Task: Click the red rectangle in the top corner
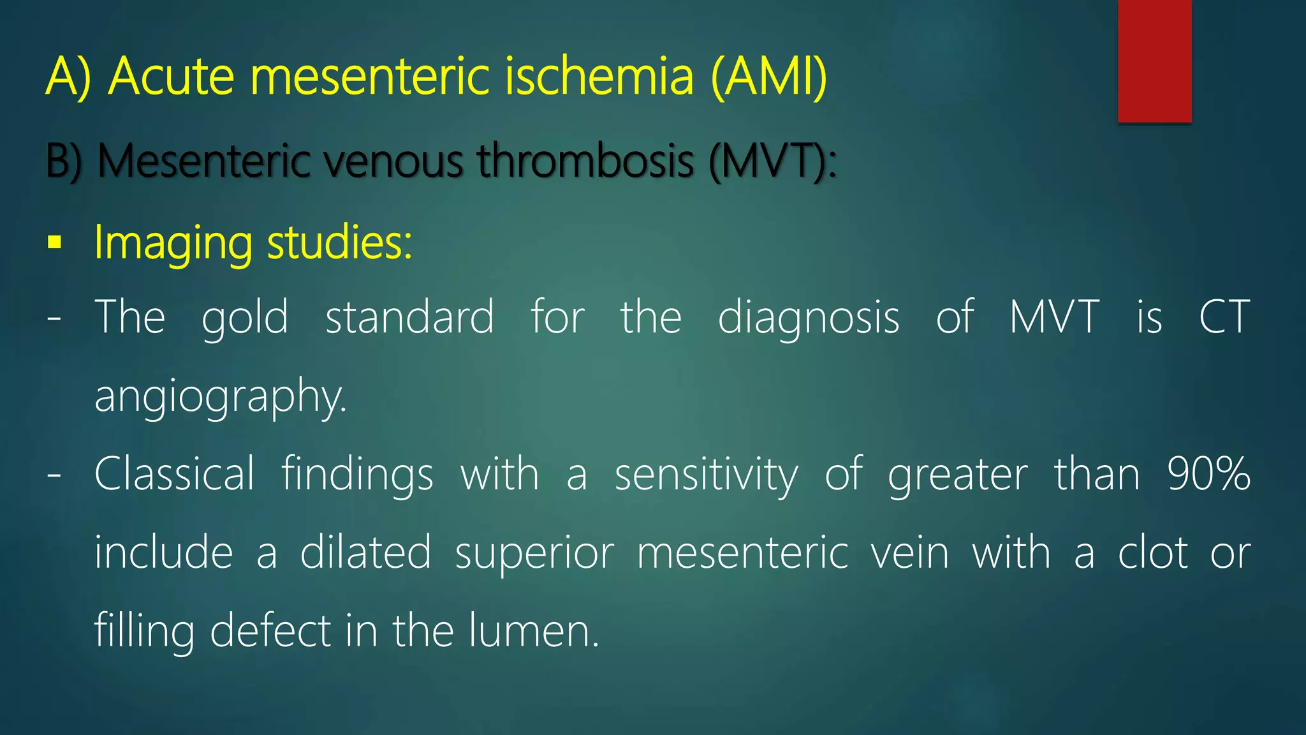pos(1154,61)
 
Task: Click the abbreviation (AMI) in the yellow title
pos(768,77)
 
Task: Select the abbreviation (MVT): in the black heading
pos(772,161)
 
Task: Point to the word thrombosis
pos(585,161)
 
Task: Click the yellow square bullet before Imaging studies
pos(55,243)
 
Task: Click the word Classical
pos(174,474)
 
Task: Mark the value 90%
pos(1208,474)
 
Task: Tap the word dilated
pos(365,553)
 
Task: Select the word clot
pos(1152,553)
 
